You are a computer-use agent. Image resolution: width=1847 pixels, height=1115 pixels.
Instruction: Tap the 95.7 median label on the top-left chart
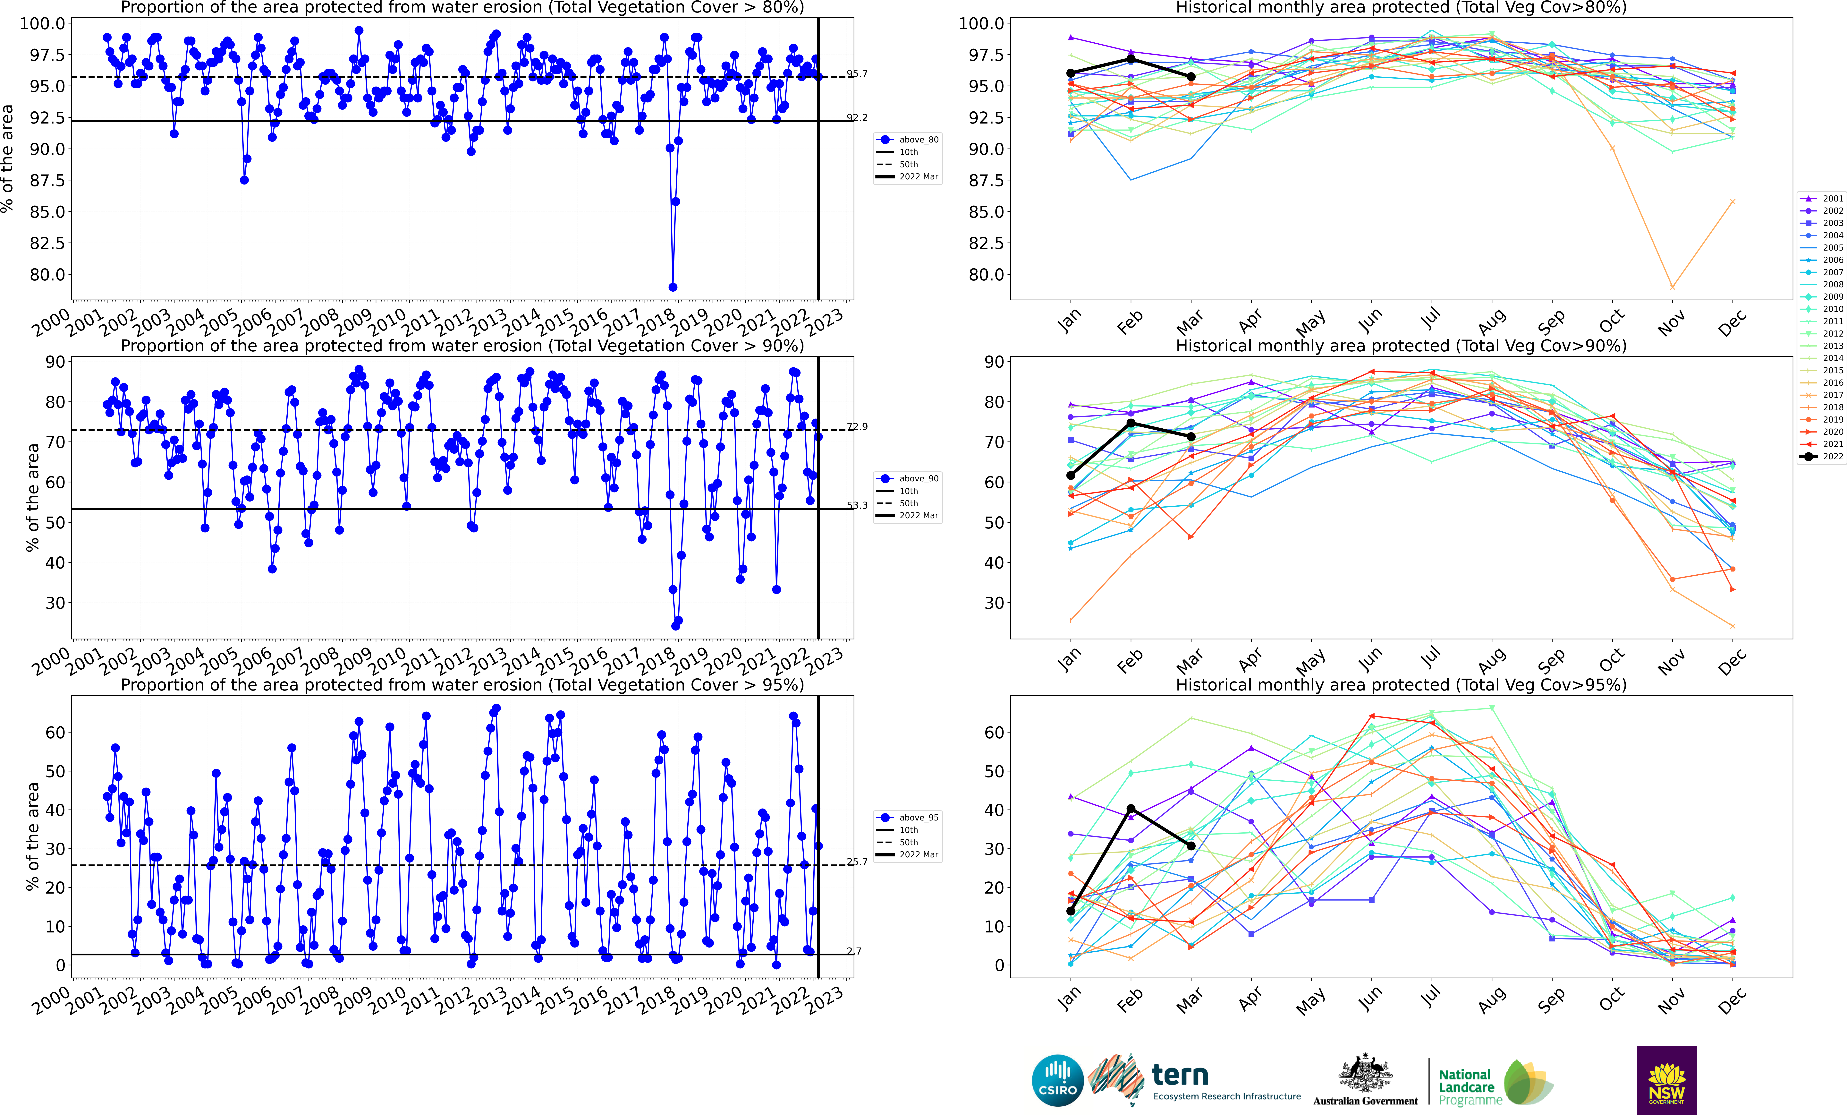coord(857,73)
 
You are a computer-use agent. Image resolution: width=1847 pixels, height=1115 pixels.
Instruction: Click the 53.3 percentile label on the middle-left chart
coord(857,505)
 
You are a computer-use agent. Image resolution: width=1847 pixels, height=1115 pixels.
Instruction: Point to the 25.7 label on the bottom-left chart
coord(857,862)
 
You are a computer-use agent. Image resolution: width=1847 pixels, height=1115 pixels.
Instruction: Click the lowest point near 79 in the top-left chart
coord(672,287)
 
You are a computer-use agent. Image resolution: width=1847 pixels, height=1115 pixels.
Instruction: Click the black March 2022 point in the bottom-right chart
coord(1191,846)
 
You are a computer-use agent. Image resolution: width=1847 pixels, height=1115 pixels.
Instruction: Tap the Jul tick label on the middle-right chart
coord(1430,658)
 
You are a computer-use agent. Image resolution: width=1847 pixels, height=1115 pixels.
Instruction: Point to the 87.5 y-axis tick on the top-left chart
coord(47,181)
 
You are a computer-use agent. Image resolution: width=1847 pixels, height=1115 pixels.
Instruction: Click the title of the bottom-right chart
coord(1401,685)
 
